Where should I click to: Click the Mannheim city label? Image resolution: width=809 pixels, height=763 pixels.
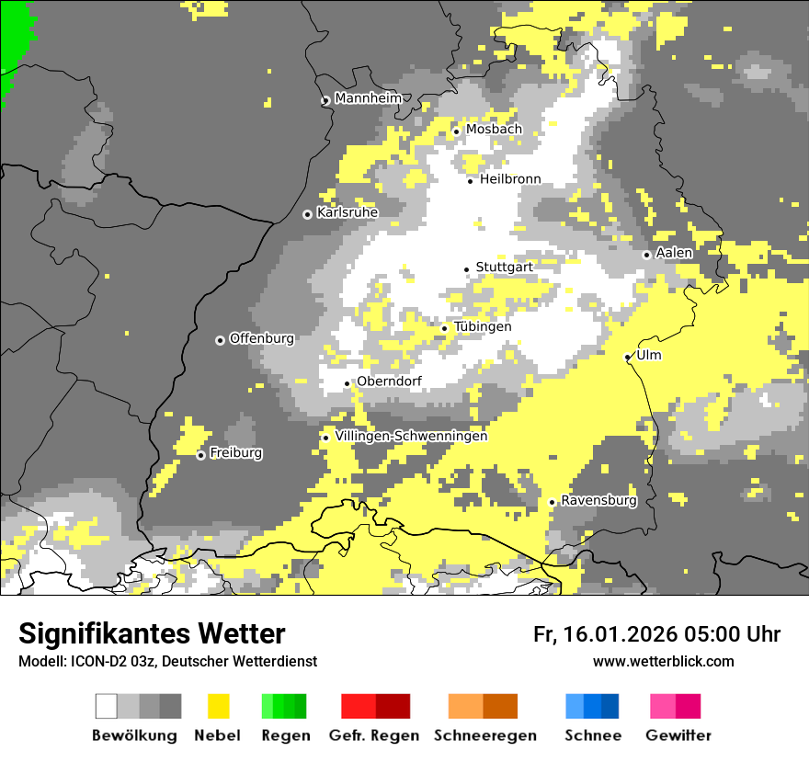click(x=369, y=98)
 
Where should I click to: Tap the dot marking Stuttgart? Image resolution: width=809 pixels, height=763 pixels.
click(x=467, y=269)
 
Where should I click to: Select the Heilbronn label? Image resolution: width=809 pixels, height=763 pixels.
click(x=510, y=179)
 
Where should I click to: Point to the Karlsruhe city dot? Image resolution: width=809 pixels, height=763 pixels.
click(x=308, y=214)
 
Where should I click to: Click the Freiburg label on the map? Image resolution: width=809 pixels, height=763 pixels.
click(x=235, y=453)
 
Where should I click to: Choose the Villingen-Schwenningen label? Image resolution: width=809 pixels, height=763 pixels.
click(x=411, y=437)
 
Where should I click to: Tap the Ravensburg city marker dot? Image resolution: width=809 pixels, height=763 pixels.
click(x=552, y=502)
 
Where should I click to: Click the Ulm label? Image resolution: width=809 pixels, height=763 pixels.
click(x=649, y=356)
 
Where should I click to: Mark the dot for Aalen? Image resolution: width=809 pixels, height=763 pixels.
click(x=647, y=255)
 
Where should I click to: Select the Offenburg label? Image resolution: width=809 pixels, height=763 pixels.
click(x=262, y=338)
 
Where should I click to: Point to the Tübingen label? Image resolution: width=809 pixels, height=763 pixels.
click(x=483, y=327)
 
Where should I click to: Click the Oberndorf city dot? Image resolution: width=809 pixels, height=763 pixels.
click(x=348, y=383)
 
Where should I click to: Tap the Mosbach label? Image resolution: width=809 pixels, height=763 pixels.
click(x=494, y=130)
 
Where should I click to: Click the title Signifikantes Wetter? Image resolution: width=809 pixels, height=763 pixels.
click(x=152, y=634)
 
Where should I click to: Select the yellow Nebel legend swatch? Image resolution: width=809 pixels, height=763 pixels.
click(x=218, y=706)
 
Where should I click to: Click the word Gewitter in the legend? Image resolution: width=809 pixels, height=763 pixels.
click(x=678, y=735)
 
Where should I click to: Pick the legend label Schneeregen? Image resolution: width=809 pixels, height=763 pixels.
click(x=485, y=735)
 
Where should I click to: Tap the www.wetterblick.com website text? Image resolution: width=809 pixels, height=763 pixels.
click(x=664, y=661)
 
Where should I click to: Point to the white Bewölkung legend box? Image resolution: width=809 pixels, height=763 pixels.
click(x=107, y=706)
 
